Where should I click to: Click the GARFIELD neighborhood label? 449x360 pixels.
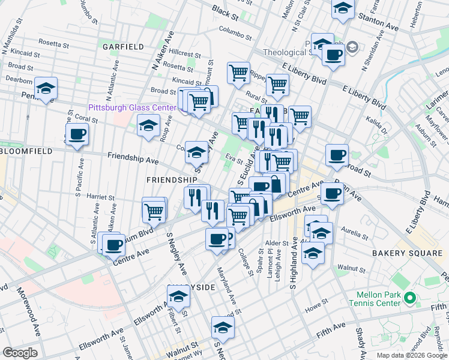[x=123, y=46]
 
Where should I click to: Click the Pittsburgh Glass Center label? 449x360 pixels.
[x=132, y=108]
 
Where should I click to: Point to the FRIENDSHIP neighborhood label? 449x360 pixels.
[x=172, y=180]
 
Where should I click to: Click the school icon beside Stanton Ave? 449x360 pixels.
[x=343, y=8]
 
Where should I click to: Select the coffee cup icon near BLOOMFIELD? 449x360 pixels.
[x=77, y=135]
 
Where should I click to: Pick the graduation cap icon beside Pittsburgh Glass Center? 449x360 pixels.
[x=148, y=127]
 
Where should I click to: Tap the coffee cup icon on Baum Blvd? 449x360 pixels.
[x=113, y=244]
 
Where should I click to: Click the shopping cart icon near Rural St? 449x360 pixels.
[x=277, y=85]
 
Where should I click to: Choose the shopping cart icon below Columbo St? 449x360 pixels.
[x=238, y=73]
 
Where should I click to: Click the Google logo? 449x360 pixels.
[x=20, y=353]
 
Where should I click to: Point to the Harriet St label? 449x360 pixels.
[x=100, y=197]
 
